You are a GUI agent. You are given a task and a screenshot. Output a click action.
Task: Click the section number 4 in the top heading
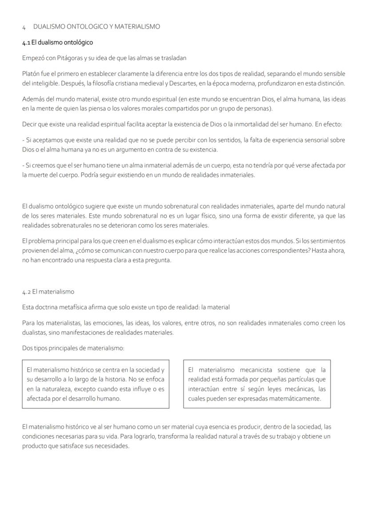[24, 27]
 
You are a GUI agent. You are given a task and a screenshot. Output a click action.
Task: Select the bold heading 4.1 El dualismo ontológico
[58, 43]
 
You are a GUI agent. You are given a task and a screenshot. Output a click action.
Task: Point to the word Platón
[31, 74]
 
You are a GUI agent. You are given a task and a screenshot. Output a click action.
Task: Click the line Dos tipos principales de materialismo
[73, 348]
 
